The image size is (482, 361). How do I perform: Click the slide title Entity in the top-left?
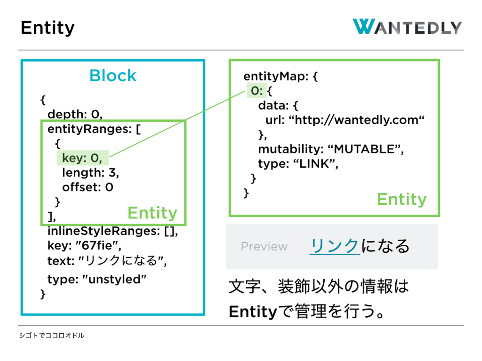tap(48, 28)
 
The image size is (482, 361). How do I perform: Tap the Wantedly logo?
tap(407, 27)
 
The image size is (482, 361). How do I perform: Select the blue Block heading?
tap(113, 76)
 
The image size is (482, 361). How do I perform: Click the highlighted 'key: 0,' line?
tap(82, 158)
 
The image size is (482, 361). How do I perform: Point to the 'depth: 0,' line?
tap(75, 114)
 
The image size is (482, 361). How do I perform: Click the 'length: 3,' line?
tap(90, 172)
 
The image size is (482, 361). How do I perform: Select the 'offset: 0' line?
tap(88, 187)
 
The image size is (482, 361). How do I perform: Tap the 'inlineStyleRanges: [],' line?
tap(112, 231)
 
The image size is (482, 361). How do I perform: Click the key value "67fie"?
tap(98, 246)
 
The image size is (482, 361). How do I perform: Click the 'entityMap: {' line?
tap(280, 76)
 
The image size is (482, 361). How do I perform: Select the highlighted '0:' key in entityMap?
tap(256, 91)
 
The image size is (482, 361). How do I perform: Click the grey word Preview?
tap(264, 246)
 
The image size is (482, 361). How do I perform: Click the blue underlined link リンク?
tap(334, 246)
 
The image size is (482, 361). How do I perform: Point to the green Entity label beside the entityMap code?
tap(402, 199)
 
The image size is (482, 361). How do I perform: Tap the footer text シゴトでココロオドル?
tap(52, 335)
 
